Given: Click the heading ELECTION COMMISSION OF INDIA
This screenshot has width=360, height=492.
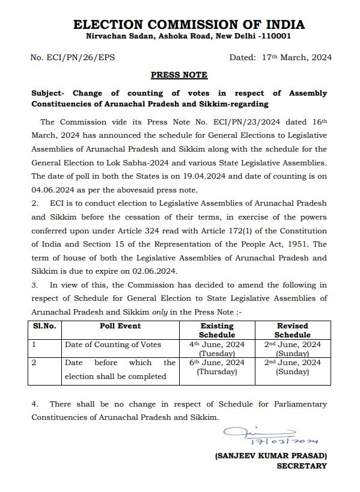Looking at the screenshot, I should [188, 25].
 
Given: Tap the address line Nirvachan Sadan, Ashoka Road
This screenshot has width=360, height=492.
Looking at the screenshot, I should [188, 37].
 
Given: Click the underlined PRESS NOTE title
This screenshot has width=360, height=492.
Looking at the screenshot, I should [179, 75].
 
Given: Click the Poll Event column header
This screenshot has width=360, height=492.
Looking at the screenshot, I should [120, 326].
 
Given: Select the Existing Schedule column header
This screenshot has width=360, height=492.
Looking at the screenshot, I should [217, 330].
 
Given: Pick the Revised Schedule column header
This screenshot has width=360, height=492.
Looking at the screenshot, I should [293, 330].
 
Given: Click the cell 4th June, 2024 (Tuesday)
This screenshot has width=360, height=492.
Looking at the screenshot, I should [217, 349].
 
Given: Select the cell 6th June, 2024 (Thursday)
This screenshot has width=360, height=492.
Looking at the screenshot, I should [217, 367].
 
